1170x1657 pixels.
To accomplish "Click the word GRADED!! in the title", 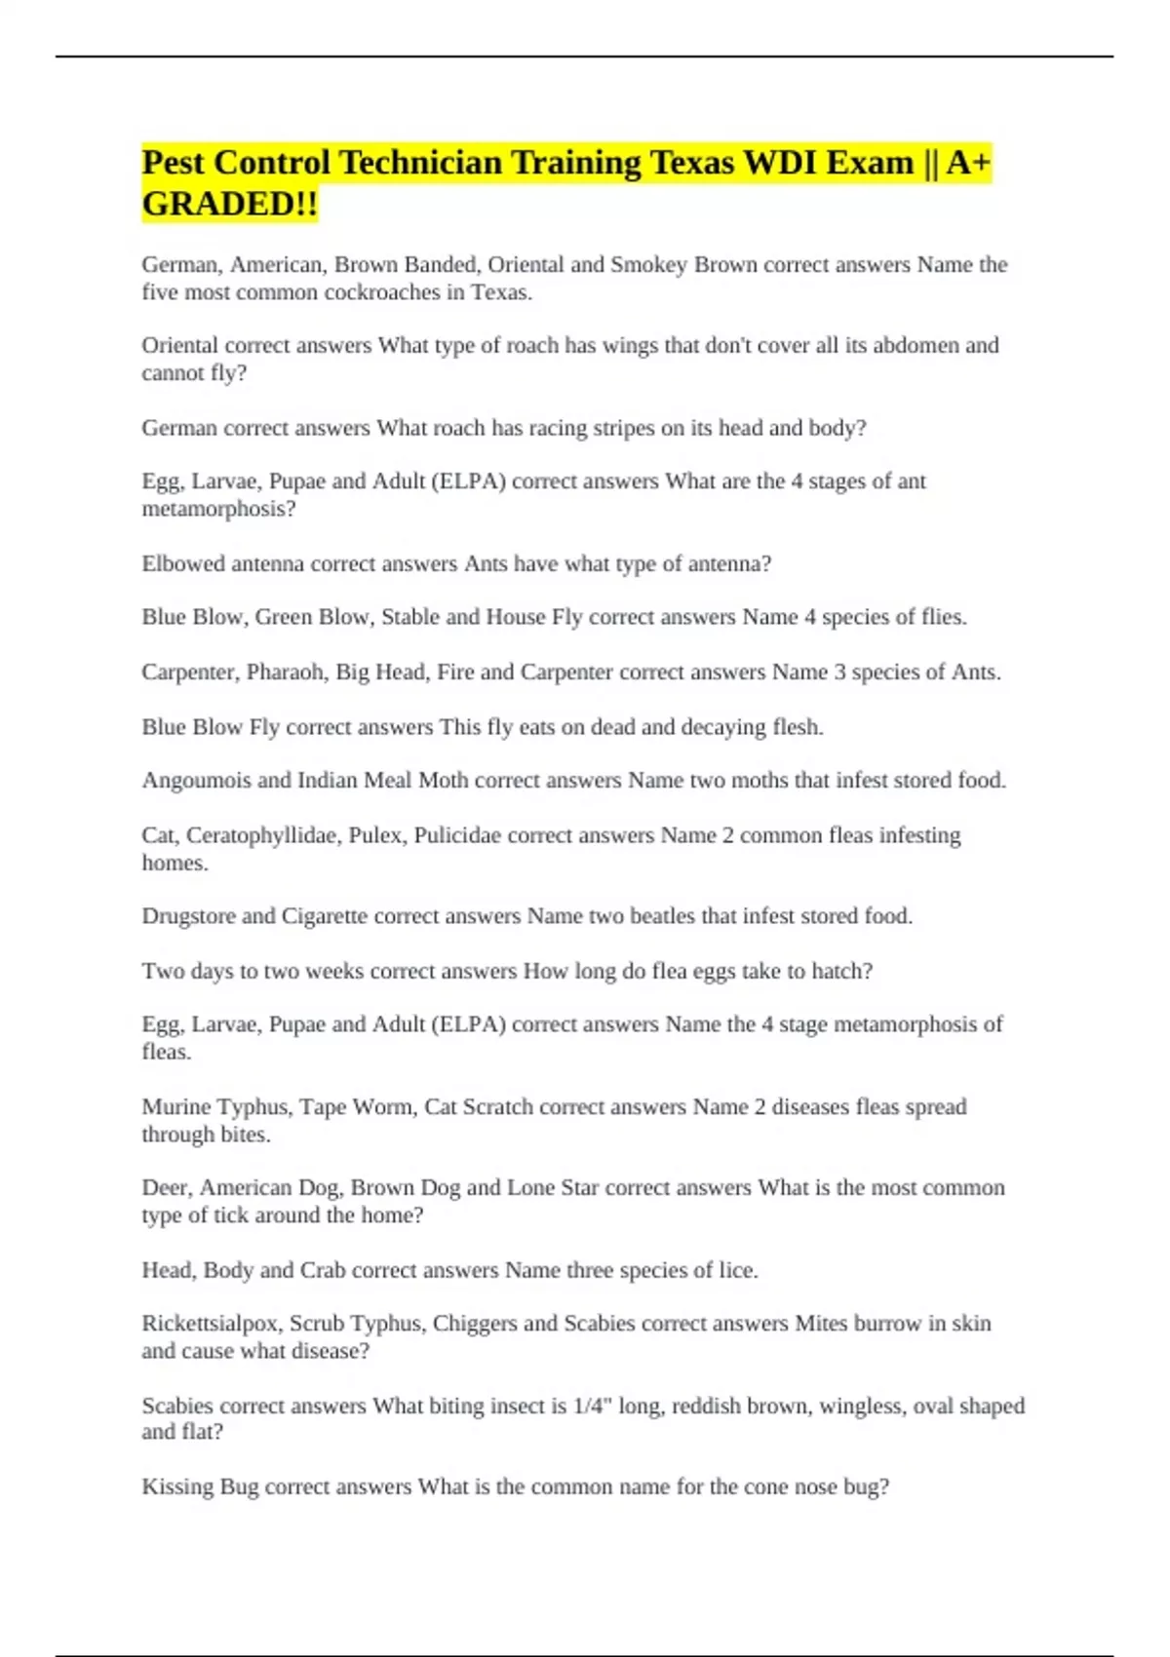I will [x=230, y=205].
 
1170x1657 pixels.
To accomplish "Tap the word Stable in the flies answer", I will [x=410, y=617].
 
